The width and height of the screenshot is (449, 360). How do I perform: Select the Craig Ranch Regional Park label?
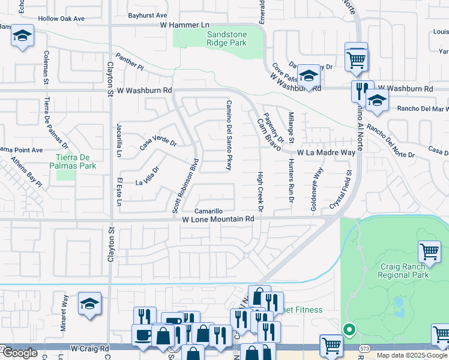point(404,271)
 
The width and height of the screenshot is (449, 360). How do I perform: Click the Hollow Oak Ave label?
point(61,19)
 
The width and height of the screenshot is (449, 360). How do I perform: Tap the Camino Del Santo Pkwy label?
point(229,135)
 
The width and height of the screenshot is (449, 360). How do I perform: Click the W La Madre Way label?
point(326,153)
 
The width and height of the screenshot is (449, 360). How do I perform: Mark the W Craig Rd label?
point(89,348)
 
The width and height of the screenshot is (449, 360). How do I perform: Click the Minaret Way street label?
point(65,307)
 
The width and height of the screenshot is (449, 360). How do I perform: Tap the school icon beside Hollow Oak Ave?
point(22,37)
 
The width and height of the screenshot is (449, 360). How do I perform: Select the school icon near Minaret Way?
point(89,304)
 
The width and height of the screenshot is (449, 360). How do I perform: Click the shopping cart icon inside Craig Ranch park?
point(429,251)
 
